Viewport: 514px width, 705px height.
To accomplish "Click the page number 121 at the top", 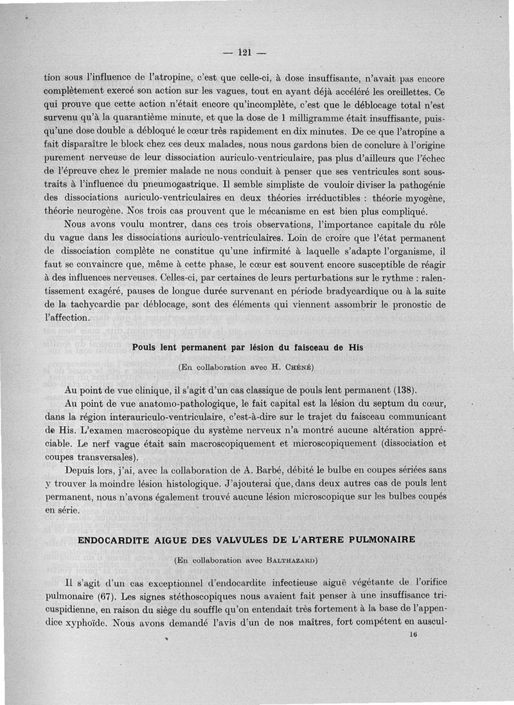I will (243, 52).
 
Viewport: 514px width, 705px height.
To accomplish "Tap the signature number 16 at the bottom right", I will (412, 633).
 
